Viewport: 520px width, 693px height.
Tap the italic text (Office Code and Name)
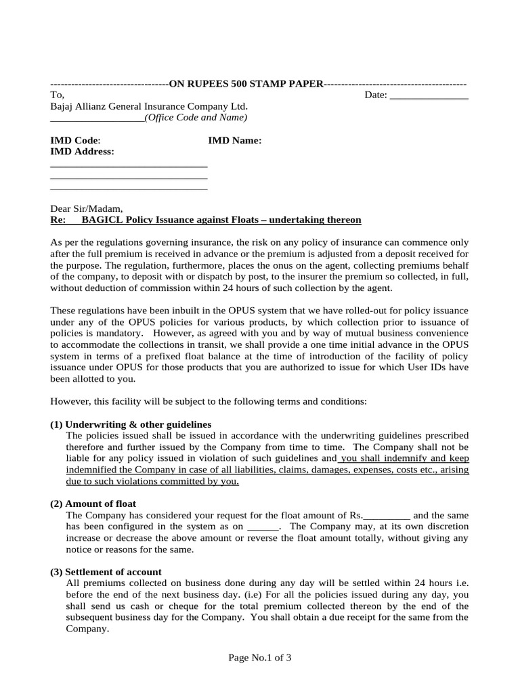pos(196,118)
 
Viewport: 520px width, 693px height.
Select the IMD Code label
pos(75,141)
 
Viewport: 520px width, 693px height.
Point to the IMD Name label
pos(234,141)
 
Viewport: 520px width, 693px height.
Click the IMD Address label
pos(83,152)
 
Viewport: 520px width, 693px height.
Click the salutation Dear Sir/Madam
pos(87,209)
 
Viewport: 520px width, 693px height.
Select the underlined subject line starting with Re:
pos(206,221)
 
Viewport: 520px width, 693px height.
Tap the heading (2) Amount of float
pos(93,504)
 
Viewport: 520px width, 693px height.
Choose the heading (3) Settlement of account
pos(106,572)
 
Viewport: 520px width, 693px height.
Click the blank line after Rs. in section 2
pos(387,515)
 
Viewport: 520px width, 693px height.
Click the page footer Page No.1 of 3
pos(260,657)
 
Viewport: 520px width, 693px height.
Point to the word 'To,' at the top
pos(58,95)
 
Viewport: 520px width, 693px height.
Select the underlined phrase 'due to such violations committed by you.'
pos(152,481)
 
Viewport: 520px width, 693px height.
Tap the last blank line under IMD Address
pos(129,188)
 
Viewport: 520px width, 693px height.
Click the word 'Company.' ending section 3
pos(87,629)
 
